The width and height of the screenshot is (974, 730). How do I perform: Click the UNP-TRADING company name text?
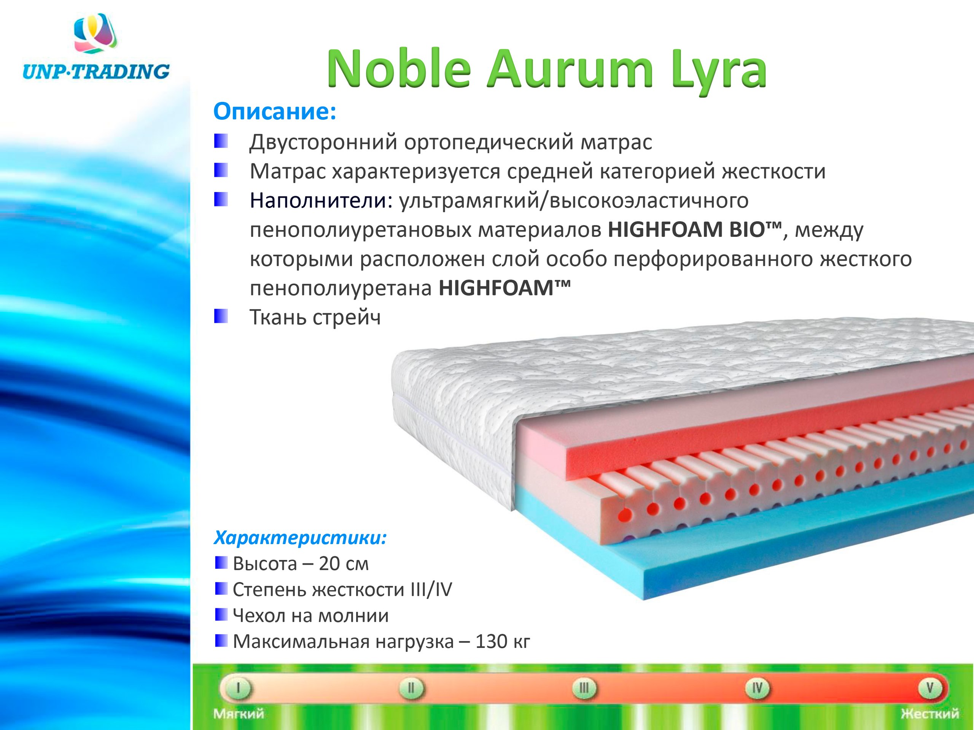pos(95,71)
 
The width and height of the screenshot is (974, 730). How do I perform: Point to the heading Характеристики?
pos(300,537)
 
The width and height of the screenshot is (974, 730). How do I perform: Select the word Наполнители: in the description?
pos(321,200)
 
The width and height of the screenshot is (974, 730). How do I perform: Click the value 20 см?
pos(344,564)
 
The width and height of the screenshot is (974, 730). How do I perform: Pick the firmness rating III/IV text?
pos(431,590)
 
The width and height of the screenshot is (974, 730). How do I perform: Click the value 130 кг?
pos(503,641)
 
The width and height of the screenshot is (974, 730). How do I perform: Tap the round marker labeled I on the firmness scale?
pos(237,687)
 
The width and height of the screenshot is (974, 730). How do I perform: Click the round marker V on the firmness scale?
pos(929,687)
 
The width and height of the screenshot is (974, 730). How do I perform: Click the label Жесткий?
pos(929,713)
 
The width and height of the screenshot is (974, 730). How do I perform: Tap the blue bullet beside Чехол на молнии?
pos(221,615)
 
